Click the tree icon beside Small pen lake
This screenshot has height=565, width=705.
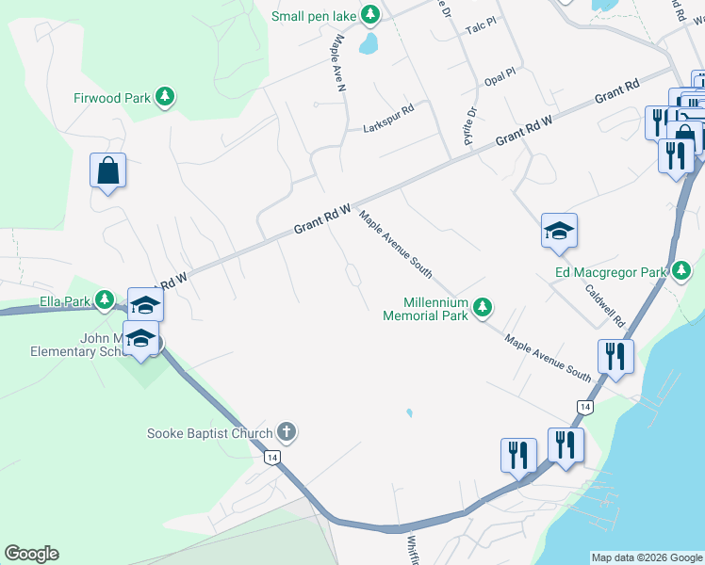point(371,15)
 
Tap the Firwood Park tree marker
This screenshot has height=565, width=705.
point(166,96)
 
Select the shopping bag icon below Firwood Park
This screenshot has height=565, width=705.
point(108,171)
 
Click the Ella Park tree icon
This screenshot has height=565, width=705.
point(105,301)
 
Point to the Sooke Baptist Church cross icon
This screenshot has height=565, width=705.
point(287,433)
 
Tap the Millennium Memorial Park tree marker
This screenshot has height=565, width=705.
point(483,306)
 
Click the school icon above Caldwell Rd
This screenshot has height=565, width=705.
point(559,230)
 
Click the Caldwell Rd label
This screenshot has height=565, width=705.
point(604,307)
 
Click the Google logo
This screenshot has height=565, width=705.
point(31,554)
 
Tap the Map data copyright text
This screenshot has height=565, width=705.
point(646,557)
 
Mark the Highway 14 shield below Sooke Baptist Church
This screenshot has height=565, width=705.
point(272,457)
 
